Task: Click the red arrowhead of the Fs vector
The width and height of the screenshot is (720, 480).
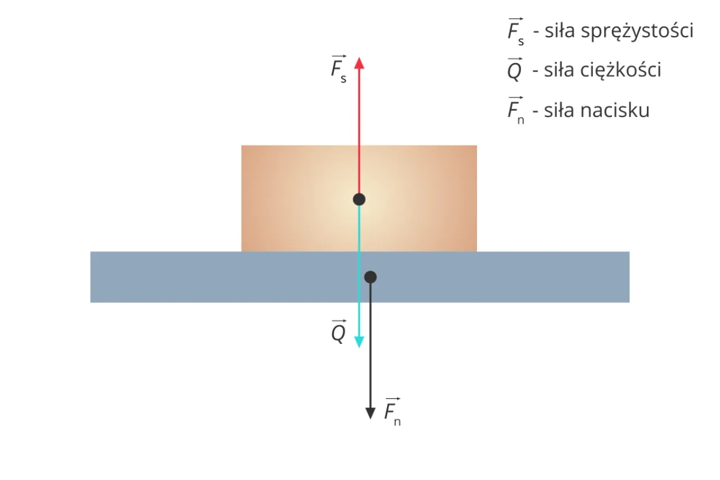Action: pyautogui.click(x=359, y=62)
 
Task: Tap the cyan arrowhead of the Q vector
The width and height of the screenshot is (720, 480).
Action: pyautogui.click(x=359, y=341)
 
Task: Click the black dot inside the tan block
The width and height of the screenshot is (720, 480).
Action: pyautogui.click(x=359, y=199)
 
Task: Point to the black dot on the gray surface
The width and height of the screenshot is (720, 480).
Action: pyautogui.click(x=371, y=277)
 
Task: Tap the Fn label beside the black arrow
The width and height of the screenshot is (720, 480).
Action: pyautogui.click(x=392, y=411)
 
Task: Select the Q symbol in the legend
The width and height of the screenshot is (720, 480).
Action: pyautogui.click(x=514, y=71)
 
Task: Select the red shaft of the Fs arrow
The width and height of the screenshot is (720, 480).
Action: pyautogui.click(x=359, y=132)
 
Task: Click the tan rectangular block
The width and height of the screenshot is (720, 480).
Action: pyautogui.click(x=288, y=198)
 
